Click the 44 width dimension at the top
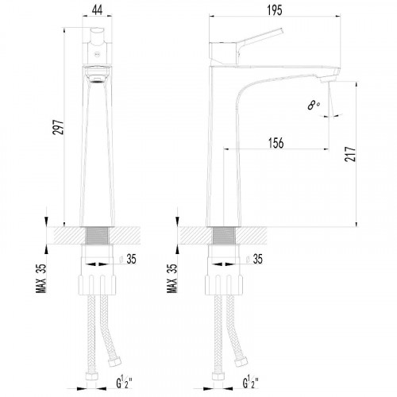[97, 10]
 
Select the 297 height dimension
[58, 127]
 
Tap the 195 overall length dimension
[275, 10]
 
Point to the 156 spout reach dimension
[276, 143]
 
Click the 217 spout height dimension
[350, 154]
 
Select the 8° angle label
[314, 105]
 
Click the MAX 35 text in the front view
[41, 279]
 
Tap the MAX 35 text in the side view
[172, 279]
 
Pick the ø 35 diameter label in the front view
[128, 259]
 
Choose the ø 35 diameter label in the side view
[254, 259]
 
